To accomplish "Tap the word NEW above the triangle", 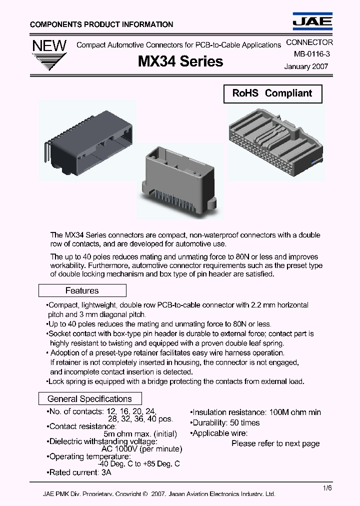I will [x=49, y=46].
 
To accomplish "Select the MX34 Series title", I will [x=180, y=61].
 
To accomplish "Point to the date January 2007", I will [x=306, y=66].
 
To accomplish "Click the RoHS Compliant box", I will [x=272, y=93].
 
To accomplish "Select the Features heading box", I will [x=82, y=290].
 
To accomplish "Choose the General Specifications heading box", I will [x=90, y=398].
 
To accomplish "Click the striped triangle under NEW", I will [x=48, y=63].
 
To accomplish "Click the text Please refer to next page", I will [x=275, y=443].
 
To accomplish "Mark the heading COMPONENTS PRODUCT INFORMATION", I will [x=101, y=24].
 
